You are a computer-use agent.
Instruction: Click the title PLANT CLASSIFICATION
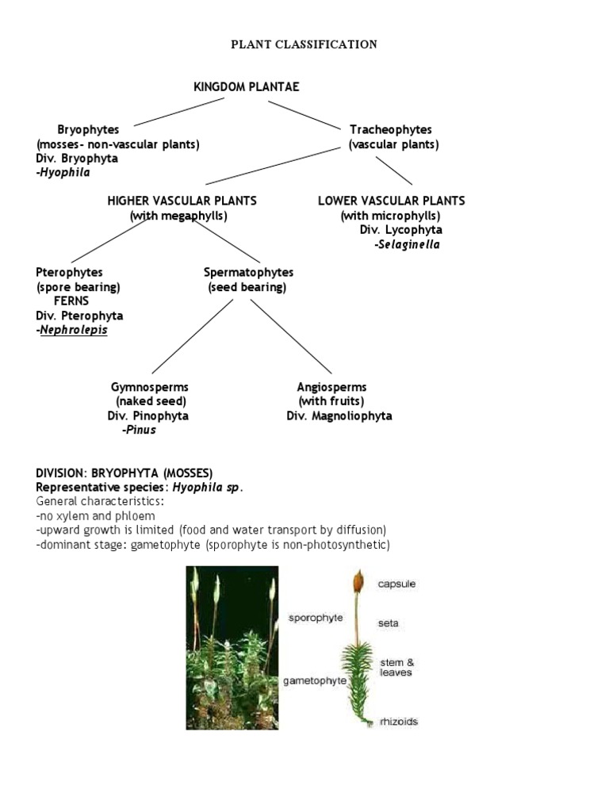(x=304, y=44)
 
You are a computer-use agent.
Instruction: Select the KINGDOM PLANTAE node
(x=247, y=86)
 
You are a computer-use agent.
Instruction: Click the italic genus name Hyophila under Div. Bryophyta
(x=64, y=172)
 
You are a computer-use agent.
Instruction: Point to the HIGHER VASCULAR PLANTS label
(x=182, y=201)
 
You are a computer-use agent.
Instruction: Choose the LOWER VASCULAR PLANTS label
(x=391, y=201)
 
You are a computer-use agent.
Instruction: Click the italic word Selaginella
(x=407, y=244)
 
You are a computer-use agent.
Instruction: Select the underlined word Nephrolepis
(x=74, y=330)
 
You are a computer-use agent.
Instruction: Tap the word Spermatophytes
(x=248, y=272)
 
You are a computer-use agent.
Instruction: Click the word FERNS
(x=71, y=301)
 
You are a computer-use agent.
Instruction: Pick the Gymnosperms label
(x=149, y=387)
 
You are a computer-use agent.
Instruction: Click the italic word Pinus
(x=140, y=430)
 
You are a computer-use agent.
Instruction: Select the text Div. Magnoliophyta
(x=339, y=416)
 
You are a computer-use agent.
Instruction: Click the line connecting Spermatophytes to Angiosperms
(x=290, y=335)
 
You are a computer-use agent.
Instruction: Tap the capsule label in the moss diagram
(x=396, y=584)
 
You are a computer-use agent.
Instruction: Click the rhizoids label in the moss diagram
(x=397, y=722)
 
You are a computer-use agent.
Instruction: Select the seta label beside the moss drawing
(x=389, y=623)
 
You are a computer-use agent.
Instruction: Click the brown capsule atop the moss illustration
(x=358, y=580)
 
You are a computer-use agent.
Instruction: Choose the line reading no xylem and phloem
(x=95, y=515)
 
